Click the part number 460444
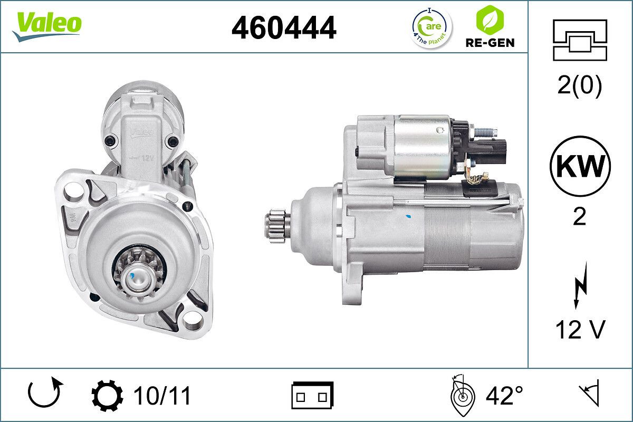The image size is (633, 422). point(284,27)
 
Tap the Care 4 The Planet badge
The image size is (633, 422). point(431,27)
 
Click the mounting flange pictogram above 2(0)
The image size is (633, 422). point(580,40)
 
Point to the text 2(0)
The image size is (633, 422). point(579,86)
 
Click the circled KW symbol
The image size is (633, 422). point(580,166)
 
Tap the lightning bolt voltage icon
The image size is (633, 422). point(579,287)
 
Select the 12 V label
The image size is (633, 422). point(579,330)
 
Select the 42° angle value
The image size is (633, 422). point(504,396)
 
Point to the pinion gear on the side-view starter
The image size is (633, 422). point(277,225)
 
